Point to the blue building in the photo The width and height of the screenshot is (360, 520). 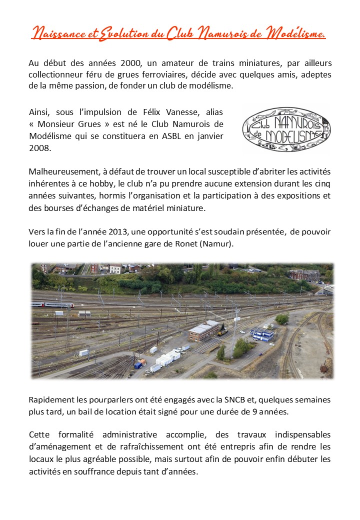pyautogui.click(x=262, y=333)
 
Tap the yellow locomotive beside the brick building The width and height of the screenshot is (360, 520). pyautogui.click(x=222, y=331)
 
